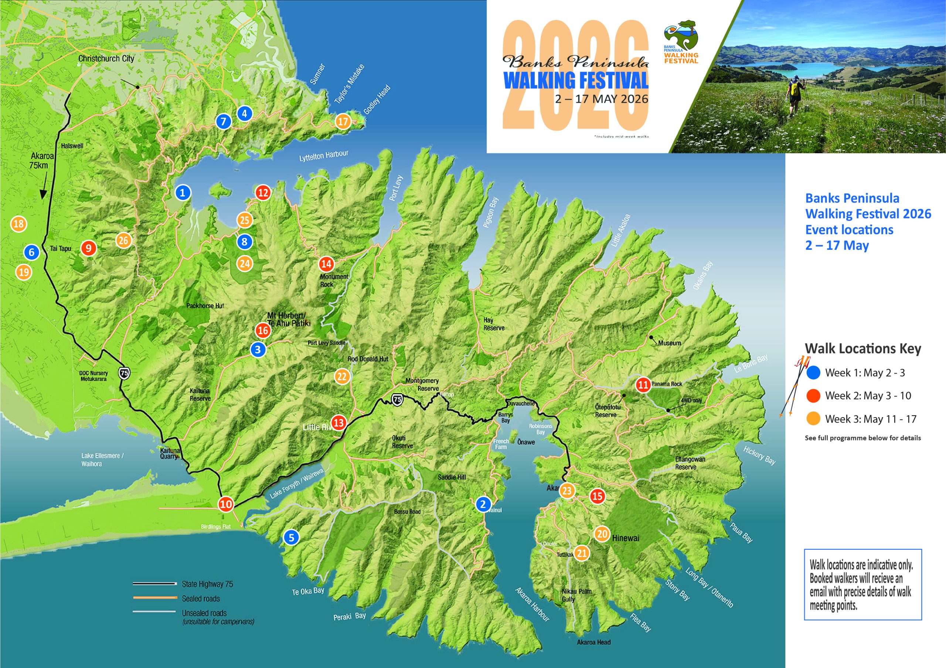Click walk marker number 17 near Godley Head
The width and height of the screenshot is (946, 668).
[x=343, y=122]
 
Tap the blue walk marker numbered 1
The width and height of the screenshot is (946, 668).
[x=183, y=192]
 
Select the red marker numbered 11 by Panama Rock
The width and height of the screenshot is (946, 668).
[x=643, y=385]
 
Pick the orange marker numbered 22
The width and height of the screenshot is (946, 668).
[x=341, y=376]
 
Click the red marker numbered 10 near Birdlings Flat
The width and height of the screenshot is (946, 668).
[x=226, y=504]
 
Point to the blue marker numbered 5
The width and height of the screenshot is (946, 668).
[x=291, y=538]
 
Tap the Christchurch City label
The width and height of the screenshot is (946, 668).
[x=106, y=58]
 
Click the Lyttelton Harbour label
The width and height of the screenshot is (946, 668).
[x=324, y=156]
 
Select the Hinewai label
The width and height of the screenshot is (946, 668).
[x=626, y=538]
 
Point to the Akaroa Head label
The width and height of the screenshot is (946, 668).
[x=594, y=642]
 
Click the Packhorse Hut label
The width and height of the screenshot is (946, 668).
[x=205, y=306]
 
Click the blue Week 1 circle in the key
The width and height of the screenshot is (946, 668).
[x=813, y=373]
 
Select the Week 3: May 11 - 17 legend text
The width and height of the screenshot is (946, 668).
[x=871, y=419]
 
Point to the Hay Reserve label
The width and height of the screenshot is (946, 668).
[x=494, y=324]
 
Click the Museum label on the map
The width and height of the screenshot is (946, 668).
[x=669, y=343]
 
